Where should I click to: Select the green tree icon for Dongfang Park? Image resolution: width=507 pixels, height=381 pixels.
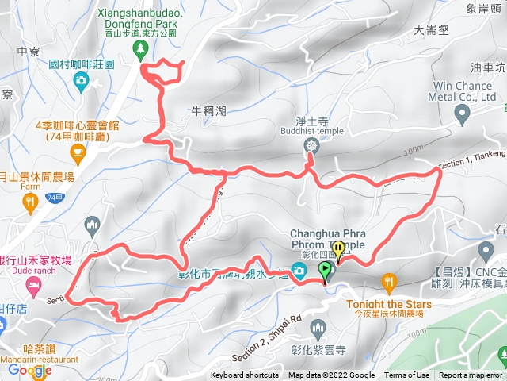[x=141, y=49]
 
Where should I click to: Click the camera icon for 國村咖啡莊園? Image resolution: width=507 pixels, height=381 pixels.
[x=81, y=80]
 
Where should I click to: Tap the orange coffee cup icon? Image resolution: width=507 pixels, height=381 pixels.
[x=77, y=151]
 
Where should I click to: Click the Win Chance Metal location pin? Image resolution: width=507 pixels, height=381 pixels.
[x=463, y=116]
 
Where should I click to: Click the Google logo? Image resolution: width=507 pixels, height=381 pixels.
[x=30, y=370]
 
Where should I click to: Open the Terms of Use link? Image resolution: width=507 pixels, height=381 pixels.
[x=407, y=375]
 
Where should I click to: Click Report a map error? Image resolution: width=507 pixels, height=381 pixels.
[x=471, y=375]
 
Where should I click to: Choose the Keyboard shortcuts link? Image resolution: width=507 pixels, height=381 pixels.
[x=245, y=375]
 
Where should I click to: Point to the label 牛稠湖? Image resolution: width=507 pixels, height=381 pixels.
[x=209, y=111]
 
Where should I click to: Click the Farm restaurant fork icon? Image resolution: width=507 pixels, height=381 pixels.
[x=31, y=205]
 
